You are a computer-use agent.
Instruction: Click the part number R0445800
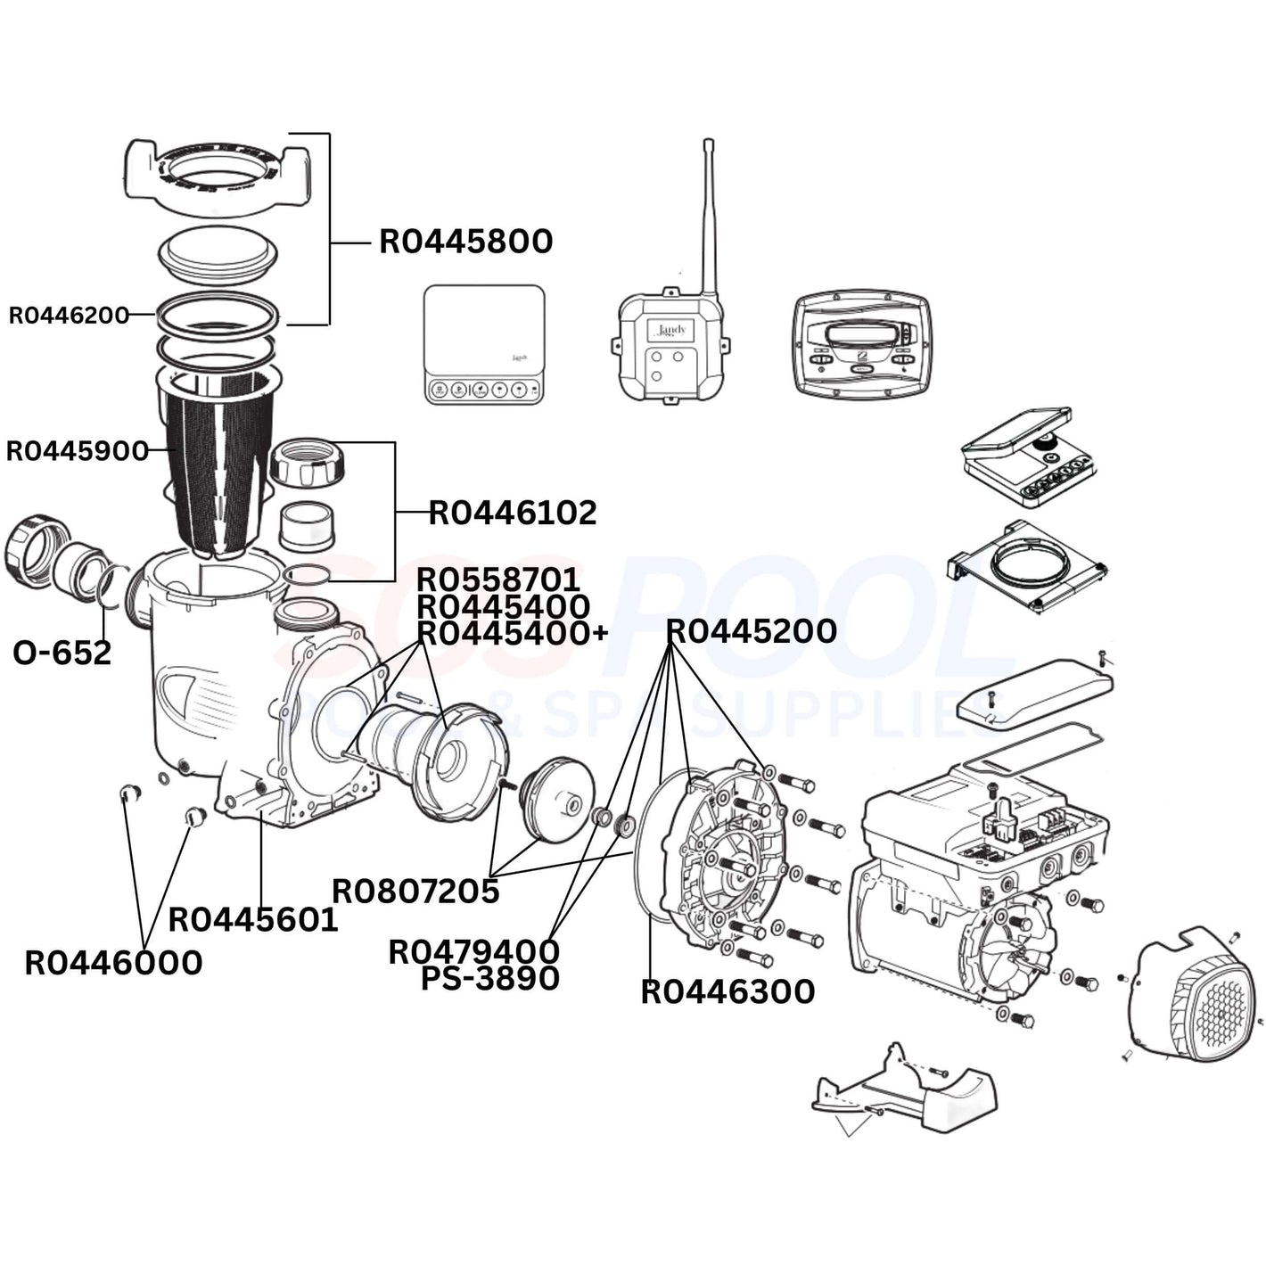[x=465, y=242]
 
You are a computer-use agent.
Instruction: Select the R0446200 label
[x=69, y=315]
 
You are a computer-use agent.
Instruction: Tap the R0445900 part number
[x=78, y=451]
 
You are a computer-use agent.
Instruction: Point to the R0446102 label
[x=513, y=513]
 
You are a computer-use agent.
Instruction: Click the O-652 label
[x=62, y=653]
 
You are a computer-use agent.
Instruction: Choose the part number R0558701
[x=498, y=580]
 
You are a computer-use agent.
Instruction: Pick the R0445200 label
[x=751, y=631]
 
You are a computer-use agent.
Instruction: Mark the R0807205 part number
[x=415, y=891]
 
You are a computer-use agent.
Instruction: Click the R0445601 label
[x=253, y=919]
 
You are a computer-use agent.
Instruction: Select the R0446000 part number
[x=113, y=963]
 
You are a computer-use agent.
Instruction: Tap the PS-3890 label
[x=490, y=978]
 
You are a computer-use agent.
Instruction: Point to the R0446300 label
[x=728, y=991]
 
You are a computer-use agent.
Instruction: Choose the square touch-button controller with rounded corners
[x=484, y=345]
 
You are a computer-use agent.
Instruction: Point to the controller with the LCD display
[x=860, y=343]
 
